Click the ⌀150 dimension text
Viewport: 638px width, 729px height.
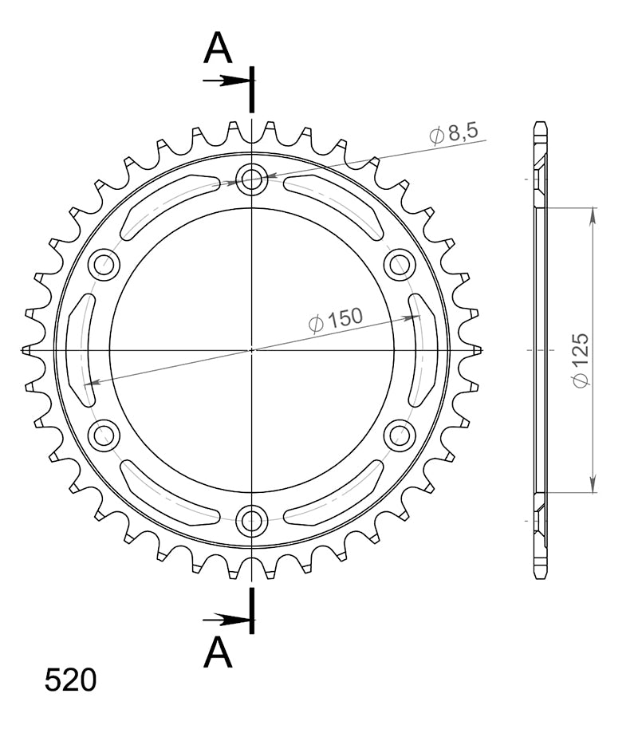[x=335, y=319]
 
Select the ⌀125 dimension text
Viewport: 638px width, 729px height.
[x=581, y=360]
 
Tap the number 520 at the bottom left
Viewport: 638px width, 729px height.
[x=70, y=680]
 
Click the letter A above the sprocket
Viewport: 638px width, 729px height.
[x=218, y=48]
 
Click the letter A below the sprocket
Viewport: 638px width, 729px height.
[x=218, y=652]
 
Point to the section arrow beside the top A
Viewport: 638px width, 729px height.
[x=226, y=81]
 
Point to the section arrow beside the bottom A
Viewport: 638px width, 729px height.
[x=226, y=619]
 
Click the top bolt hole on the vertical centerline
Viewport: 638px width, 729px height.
[x=251, y=179]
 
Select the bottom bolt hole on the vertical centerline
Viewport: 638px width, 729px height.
[x=251, y=521]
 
